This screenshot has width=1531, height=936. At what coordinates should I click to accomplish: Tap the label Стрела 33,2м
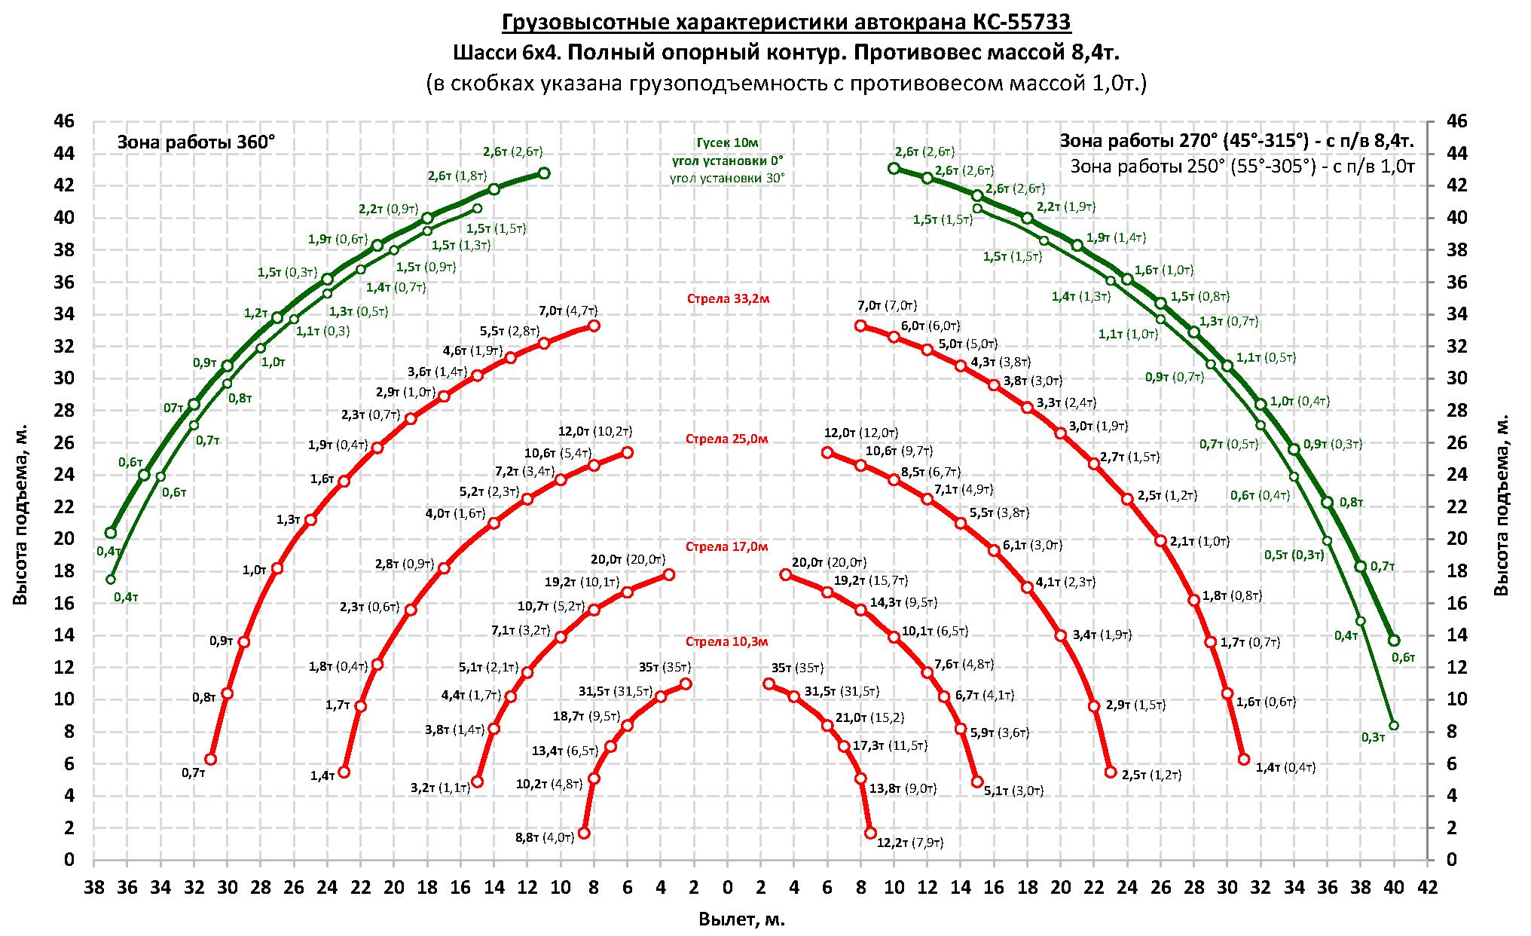point(727,298)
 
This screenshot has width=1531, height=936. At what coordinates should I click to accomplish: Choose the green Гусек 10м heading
point(727,142)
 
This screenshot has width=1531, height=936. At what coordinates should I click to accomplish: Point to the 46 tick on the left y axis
point(66,121)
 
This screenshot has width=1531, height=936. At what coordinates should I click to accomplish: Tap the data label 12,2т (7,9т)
point(910,842)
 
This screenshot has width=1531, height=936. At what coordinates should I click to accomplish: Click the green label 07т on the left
point(173,408)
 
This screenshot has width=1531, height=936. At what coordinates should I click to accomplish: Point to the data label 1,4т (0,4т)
point(1285,767)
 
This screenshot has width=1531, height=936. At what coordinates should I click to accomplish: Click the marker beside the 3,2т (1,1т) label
point(477,782)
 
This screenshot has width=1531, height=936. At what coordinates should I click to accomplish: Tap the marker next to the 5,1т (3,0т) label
point(977,782)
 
